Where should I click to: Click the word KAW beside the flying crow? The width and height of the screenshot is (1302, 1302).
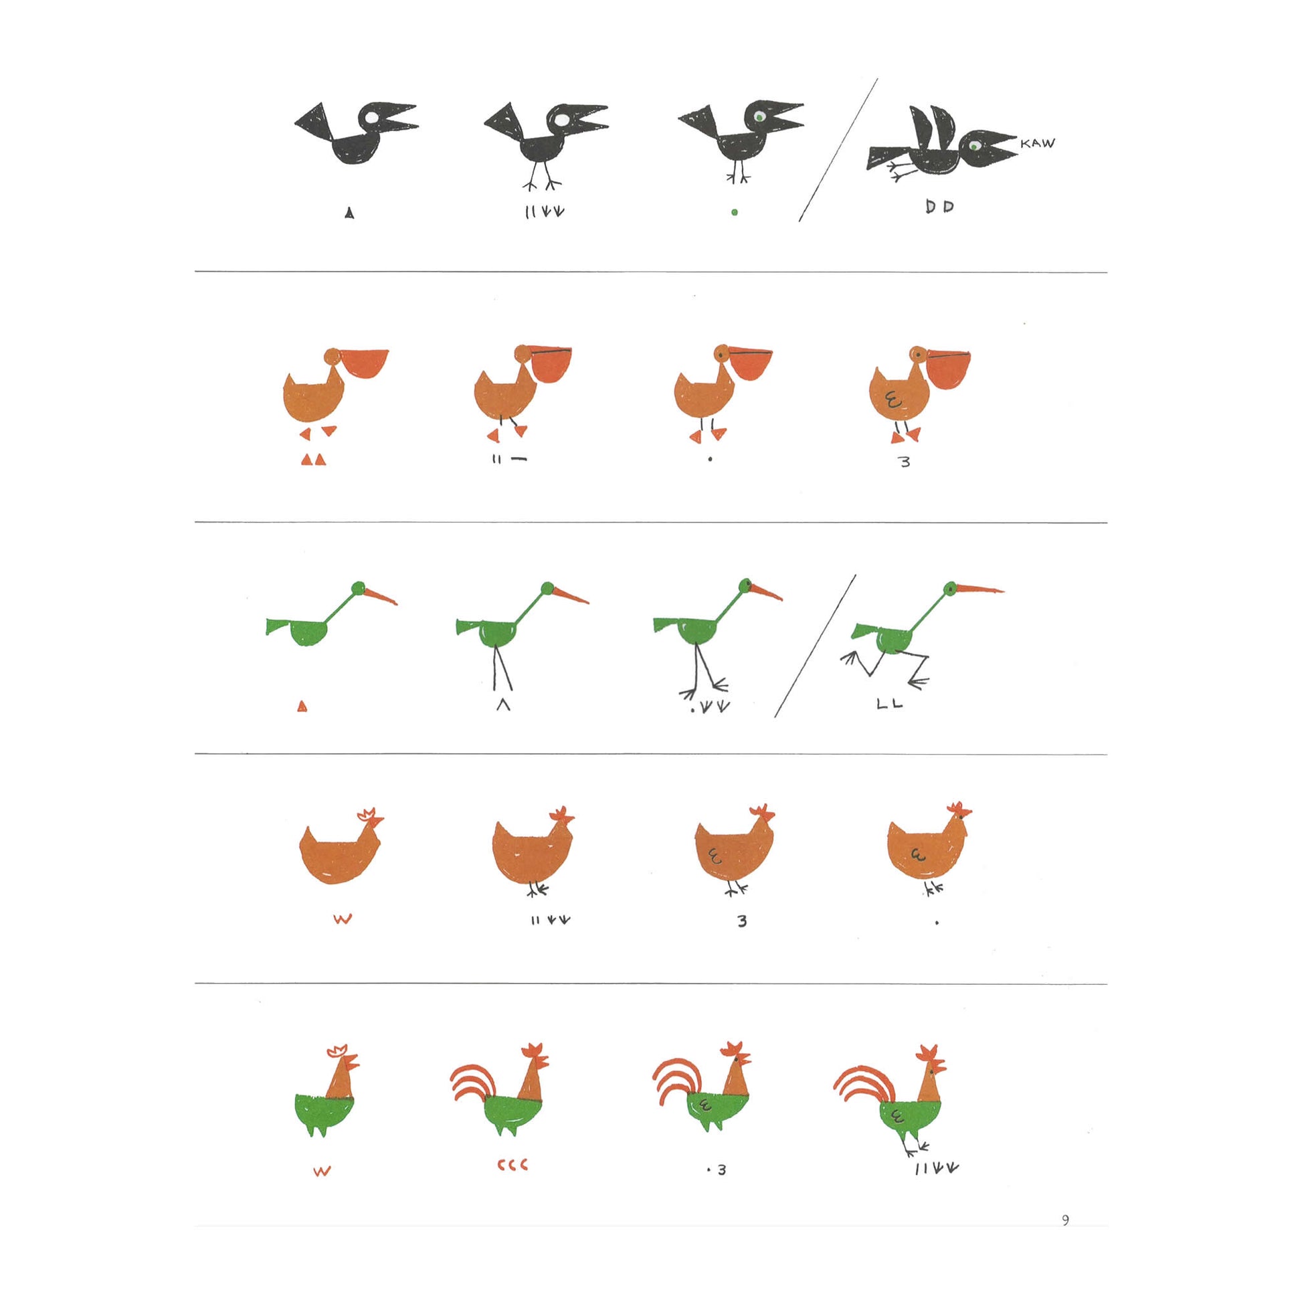click(x=1038, y=143)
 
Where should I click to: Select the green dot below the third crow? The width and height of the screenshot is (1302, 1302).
click(x=735, y=212)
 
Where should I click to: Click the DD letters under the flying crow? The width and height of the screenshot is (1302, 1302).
click(x=939, y=207)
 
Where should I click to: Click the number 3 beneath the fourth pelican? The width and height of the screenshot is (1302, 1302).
click(x=905, y=462)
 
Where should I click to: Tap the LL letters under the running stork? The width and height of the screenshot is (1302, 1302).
click(x=890, y=705)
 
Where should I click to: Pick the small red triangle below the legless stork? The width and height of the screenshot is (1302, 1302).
click(x=302, y=707)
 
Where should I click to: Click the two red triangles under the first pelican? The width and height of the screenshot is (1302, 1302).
click(x=313, y=460)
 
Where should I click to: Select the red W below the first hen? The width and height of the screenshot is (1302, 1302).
click(x=343, y=919)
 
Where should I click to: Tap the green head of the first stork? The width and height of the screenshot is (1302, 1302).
click(x=358, y=587)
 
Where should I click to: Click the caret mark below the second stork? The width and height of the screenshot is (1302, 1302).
click(x=502, y=706)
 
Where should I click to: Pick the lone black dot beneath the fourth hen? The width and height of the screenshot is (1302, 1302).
click(x=937, y=923)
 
